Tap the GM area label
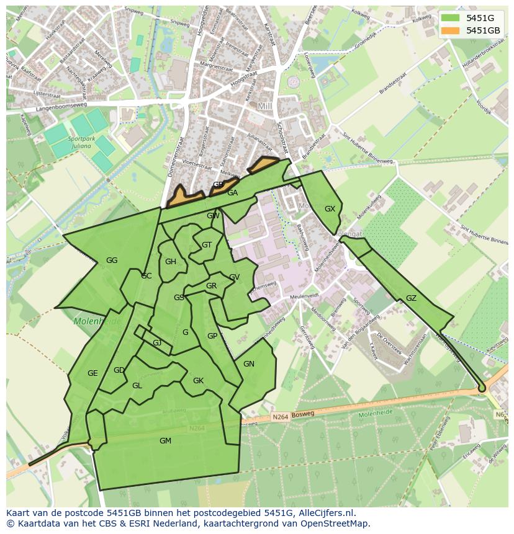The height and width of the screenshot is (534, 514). tap(165, 441)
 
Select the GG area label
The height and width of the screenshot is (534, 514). tap(112, 260)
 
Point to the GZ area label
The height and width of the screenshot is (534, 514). tap(411, 298)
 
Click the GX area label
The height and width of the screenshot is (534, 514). tap(330, 209)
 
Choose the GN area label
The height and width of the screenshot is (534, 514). tap(249, 364)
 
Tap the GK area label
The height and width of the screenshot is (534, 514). tap(198, 381)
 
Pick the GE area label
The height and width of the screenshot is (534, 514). tap(92, 373)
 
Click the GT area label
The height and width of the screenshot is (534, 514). tap(207, 245)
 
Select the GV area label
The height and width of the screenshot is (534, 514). tap(234, 277)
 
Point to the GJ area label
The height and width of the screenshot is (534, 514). tap(157, 343)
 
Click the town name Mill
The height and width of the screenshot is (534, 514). tap(266, 107)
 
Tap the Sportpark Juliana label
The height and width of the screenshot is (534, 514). tap(82, 143)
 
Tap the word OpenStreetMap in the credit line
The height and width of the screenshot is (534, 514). tap(335, 523)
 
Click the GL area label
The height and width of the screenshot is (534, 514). tap(137, 386)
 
